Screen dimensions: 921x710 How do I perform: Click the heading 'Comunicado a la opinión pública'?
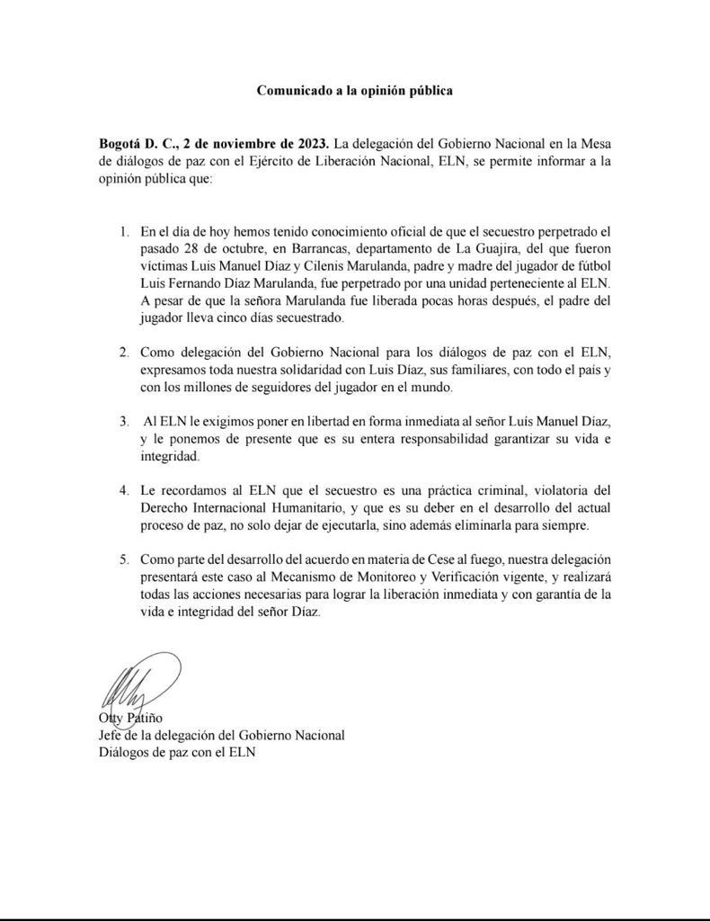point(354,91)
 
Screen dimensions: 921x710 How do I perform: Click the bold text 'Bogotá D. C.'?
point(138,144)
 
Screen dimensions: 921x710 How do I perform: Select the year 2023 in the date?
point(311,144)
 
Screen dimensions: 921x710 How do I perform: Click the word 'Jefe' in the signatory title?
point(111,735)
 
